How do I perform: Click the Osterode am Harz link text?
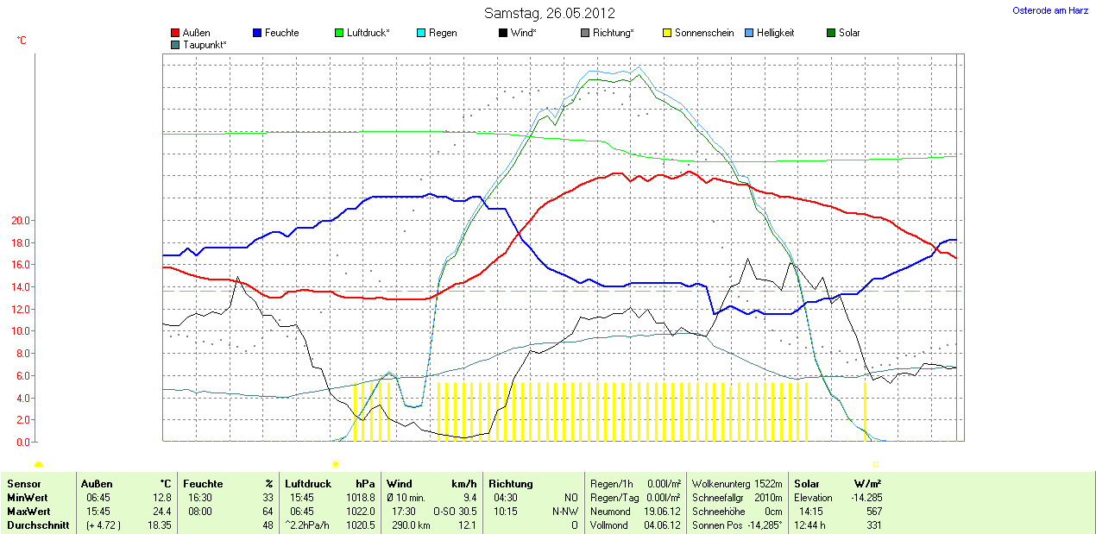1049,10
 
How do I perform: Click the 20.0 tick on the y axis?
21,221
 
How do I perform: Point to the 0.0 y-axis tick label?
23,443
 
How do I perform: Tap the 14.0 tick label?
21,287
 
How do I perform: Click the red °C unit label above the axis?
22,41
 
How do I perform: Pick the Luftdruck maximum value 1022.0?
362,512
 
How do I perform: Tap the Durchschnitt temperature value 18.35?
161,525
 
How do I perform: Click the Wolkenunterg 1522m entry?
737,484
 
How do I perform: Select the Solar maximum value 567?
873,512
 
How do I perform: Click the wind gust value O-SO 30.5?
455,512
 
